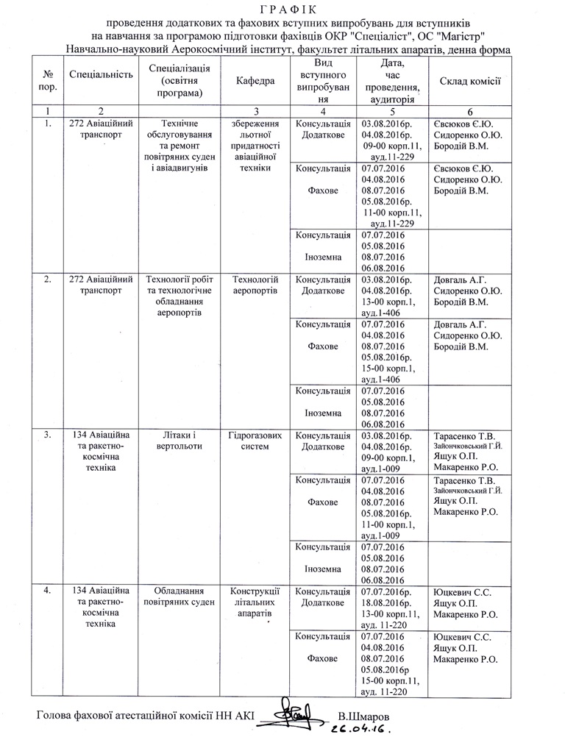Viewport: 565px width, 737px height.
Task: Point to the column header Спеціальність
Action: [100, 74]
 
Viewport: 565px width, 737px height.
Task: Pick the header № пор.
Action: [48, 81]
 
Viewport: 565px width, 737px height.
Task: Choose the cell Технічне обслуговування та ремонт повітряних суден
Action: [180, 146]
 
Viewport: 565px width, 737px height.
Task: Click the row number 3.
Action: [48, 435]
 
